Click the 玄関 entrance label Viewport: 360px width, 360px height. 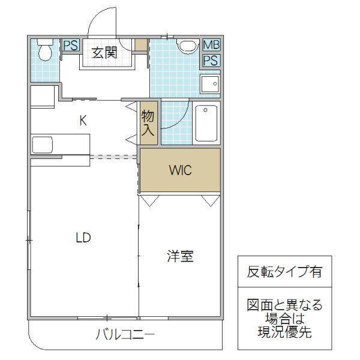(x=104, y=53)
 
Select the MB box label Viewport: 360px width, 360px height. (x=211, y=45)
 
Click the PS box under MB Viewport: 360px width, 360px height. (x=211, y=60)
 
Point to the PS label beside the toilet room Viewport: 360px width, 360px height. (x=70, y=45)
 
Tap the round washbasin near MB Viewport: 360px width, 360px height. (x=188, y=46)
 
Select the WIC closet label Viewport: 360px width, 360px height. (x=179, y=170)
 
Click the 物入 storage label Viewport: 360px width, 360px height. (x=148, y=124)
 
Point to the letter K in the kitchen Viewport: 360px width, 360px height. (x=83, y=120)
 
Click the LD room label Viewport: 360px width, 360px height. (x=83, y=238)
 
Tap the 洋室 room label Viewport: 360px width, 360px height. (x=179, y=256)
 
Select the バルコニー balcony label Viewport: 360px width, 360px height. (x=125, y=334)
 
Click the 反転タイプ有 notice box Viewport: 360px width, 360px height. (x=284, y=271)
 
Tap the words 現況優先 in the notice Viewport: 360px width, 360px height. (x=284, y=332)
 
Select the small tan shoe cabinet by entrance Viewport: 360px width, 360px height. (x=141, y=45)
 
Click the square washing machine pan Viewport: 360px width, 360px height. (x=210, y=83)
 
